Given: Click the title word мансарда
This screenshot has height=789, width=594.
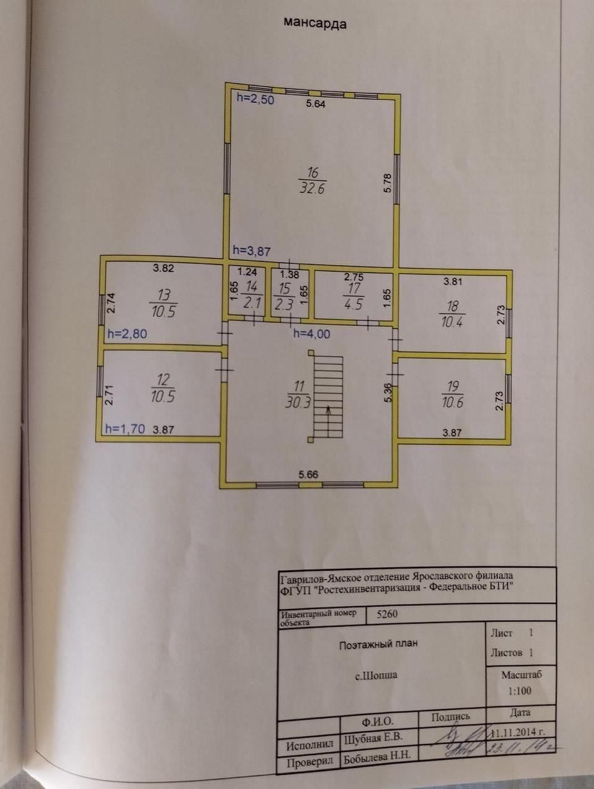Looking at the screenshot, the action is pyautogui.click(x=315, y=24).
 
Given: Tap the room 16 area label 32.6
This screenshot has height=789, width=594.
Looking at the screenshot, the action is pyautogui.click(x=312, y=188).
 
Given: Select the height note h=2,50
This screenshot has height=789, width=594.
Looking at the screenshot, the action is pyautogui.click(x=255, y=99).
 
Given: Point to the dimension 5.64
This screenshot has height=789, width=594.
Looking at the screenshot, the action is pyautogui.click(x=316, y=104).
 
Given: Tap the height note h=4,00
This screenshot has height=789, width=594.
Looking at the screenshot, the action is pyautogui.click(x=311, y=333).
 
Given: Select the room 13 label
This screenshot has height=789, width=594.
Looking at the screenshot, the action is pyautogui.click(x=163, y=303).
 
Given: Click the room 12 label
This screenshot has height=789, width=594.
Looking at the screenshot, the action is pyautogui.click(x=163, y=388).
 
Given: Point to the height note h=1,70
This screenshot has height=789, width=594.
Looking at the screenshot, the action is pyautogui.click(x=126, y=429).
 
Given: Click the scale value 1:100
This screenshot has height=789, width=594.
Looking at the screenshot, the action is pyautogui.click(x=519, y=691).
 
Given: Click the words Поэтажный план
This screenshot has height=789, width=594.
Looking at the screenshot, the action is pyautogui.click(x=379, y=644).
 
